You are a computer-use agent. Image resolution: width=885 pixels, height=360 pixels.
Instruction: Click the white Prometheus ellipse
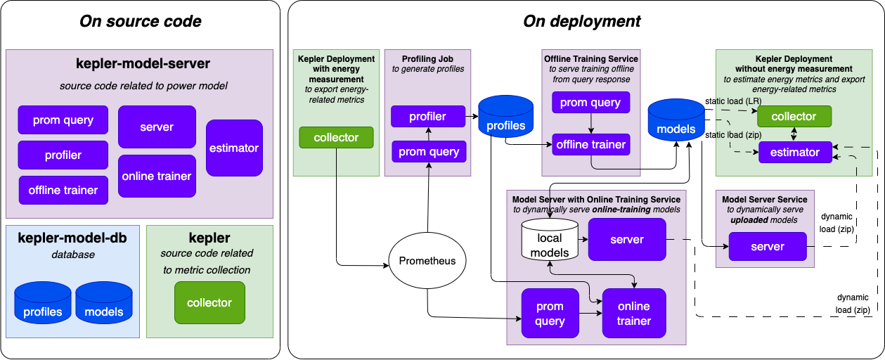(x=427, y=261)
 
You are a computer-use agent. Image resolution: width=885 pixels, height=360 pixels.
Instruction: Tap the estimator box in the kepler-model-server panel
(x=234, y=148)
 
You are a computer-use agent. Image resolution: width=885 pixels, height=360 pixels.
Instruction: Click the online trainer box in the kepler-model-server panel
(x=157, y=176)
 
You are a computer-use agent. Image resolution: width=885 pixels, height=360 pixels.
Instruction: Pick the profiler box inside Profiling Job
(x=428, y=116)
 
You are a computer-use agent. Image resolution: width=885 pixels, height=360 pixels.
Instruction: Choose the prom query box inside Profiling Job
(x=429, y=151)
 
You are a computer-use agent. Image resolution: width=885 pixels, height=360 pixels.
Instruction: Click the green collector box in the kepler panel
(x=209, y=302)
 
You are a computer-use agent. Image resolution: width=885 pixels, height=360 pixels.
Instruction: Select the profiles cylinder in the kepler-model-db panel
(x=43, y=304)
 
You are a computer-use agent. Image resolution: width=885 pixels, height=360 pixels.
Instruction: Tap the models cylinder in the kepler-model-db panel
(x=104, y=304)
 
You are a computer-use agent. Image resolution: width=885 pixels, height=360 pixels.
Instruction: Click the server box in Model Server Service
(x=767, y=246)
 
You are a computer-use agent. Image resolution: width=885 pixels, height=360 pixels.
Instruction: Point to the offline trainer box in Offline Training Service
(x=590, y=144)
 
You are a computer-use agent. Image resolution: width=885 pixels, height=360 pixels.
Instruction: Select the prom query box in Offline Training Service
(x=590, y=102)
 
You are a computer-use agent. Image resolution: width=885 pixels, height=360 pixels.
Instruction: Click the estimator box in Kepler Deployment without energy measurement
(x=794, y=152)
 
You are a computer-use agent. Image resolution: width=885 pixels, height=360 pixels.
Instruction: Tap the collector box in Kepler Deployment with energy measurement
(x=336, y=137)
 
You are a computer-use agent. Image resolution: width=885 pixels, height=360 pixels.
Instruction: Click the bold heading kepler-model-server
(x=143, y=63)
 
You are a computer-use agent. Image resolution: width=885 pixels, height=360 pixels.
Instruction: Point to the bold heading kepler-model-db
(x=72, y=238)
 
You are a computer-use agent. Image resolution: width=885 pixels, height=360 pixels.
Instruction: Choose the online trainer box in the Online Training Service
(x=633, y=314)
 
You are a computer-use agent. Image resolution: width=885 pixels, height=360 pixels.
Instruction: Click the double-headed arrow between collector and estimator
(x=794, y=134)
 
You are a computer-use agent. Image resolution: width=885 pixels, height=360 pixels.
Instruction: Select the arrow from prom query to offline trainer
(x=590, y=123)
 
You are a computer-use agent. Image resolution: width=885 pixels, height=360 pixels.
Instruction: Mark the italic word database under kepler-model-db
(x=72, y=255)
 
